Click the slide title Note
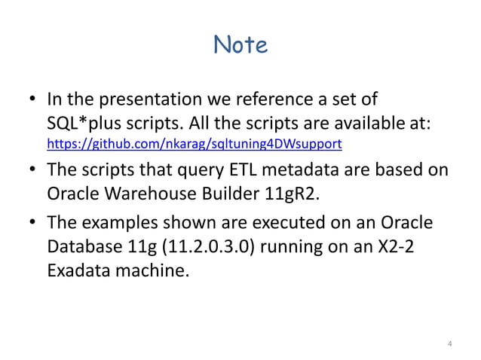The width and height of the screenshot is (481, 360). click(x=240, y=45)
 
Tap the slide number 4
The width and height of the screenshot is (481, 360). click(x=449, y=344)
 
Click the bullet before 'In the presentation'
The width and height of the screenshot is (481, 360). click(x=33, y=100)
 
